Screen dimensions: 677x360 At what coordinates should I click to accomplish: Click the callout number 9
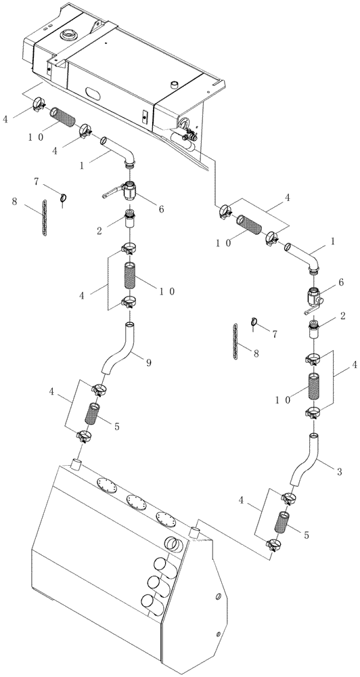(x=149, y=363)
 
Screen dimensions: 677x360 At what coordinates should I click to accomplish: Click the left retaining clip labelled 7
(x=63, y=199)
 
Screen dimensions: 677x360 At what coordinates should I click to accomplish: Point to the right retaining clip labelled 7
(x=254, y=323)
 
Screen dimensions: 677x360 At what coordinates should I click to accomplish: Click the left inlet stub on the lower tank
(x=76, y=466)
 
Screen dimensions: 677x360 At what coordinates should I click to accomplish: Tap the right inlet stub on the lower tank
(x=198, y=529)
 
